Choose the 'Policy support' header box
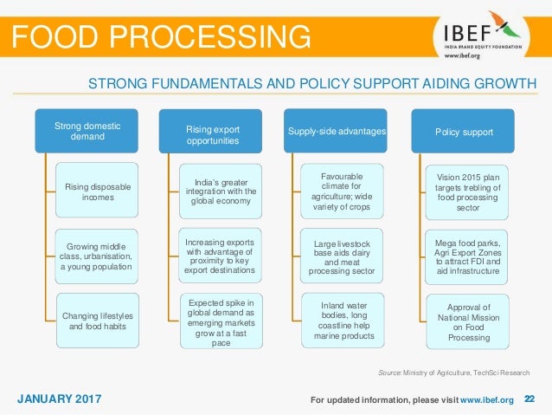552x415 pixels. coord(463,132)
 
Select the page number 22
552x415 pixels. coord(530,399)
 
